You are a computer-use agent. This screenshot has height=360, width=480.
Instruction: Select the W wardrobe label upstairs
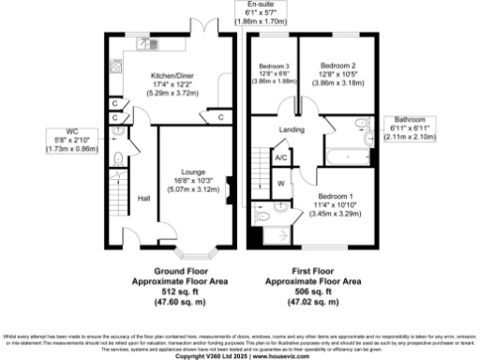(280, 183)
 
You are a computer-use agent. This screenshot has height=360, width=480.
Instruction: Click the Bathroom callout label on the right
(410, 120)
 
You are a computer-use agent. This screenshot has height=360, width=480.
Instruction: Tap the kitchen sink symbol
(146, 41)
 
